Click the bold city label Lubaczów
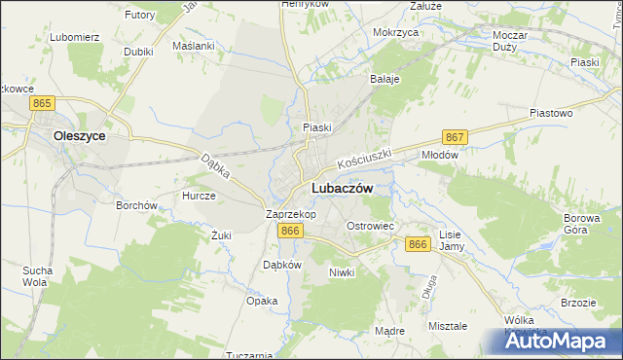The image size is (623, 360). (x=340, y=189)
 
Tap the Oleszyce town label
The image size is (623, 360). (x=80, y=137)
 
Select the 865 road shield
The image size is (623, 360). (x=41, y=102)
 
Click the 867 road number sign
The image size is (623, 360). (x=454, y=138)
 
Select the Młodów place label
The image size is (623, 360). (x=438, y=154)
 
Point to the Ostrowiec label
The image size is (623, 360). (x=370, y=226)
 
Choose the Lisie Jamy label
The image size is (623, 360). (x=450, y=241)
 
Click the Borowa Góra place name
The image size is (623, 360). (x=583, y=226)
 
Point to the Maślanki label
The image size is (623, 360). (x=192, y=46)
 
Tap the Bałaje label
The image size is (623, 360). (x=385, y=79)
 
